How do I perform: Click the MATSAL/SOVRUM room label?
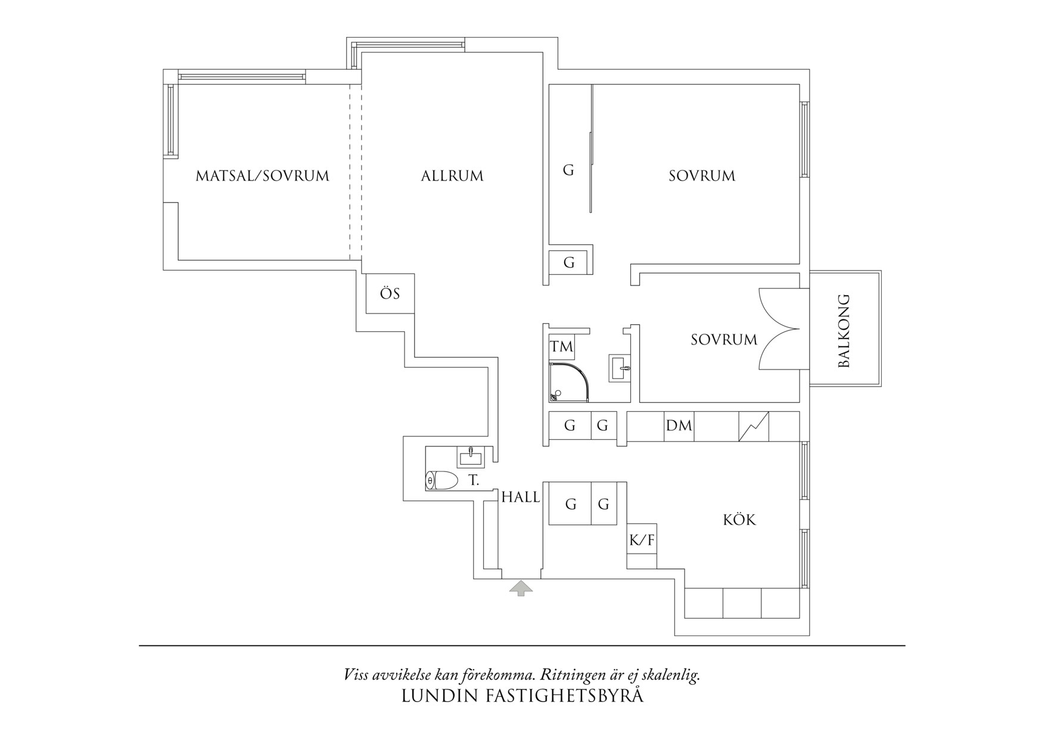point(262,176)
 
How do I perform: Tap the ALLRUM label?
point(452,176)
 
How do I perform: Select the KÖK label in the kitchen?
point(739,520)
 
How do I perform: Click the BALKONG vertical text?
point(844,331)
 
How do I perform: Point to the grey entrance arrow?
point(521,588)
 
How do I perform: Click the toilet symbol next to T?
point(441,480)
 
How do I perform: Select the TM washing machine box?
point(561,347)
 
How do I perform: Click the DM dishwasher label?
point(679,426)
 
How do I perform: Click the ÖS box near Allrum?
point(390,294)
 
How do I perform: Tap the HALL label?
point(521,498)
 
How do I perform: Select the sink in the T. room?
point(470,457)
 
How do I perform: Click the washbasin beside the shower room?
point(619,368)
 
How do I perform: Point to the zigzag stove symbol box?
point(754,427)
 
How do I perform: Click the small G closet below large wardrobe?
point(569,262)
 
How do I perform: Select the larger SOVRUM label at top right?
point(702,176)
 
